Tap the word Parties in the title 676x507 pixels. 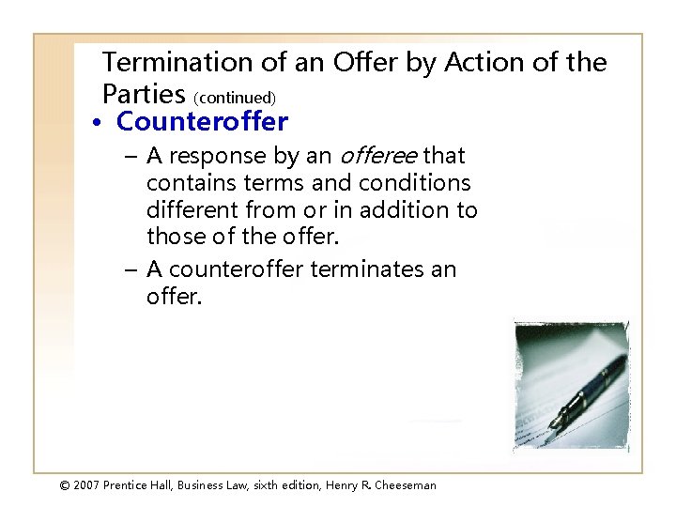point(144,94)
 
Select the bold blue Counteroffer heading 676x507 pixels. point(202,122)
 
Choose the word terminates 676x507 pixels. point(369,269)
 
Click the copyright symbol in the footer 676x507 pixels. point(65,485)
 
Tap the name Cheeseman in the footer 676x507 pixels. point(403,485)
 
